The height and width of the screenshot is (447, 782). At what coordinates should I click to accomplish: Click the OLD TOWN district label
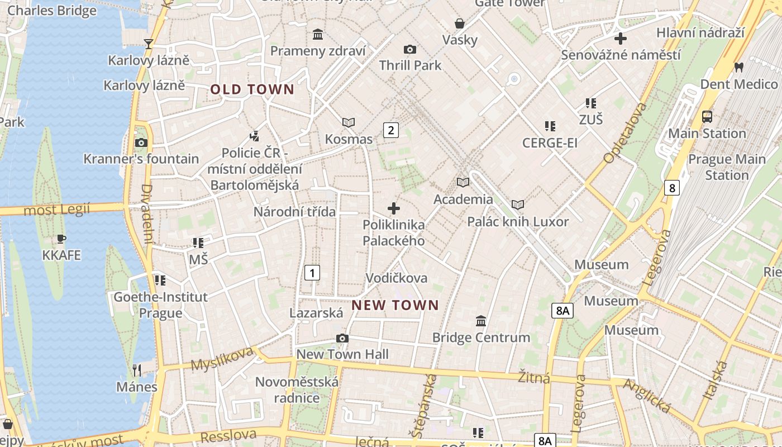tap(252, 89)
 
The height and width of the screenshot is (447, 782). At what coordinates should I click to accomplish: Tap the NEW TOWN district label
tap(395, 305)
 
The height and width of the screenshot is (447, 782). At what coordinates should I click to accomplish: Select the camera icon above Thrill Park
tap(410, 49)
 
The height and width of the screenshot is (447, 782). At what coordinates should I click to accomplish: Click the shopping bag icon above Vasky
tap(460, 23)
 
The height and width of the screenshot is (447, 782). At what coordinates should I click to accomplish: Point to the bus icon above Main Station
tap(707, 117)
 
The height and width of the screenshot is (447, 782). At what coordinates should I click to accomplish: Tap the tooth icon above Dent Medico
tap(739, 66)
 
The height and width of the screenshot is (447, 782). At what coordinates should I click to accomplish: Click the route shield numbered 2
tap(390, 130)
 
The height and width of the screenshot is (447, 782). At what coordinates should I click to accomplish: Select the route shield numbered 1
tap(312, 273)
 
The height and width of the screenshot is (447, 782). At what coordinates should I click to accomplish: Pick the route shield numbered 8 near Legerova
tap(672, 187)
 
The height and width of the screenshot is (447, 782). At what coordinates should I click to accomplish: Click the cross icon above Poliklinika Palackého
tap(394, 208)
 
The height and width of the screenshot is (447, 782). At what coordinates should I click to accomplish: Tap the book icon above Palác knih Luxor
tap(518, 205)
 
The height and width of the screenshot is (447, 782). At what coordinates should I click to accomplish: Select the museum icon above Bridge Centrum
tap(481, 321)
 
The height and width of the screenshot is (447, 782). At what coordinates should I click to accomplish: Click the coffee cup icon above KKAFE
tap(61, 239)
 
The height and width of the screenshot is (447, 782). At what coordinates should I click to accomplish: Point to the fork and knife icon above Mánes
tap(136, 370)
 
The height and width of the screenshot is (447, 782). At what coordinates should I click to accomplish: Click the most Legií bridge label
tap(57, 210)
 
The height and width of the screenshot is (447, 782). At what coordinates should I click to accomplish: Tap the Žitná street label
tap(534, 377)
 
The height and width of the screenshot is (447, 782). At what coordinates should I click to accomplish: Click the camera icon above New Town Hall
tap(342, 338)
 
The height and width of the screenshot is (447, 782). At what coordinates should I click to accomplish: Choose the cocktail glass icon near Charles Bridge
tap(149, 44)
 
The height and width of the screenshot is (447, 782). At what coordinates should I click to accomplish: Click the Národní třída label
tap(294, 212)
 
